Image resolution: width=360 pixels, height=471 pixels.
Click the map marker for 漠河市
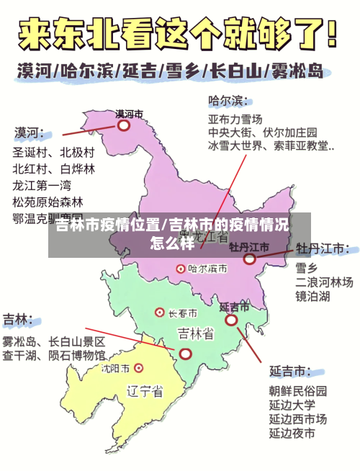point(124,125)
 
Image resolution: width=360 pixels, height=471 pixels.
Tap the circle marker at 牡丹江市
point(249,259)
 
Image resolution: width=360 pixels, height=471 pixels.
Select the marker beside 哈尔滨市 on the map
point(181,268)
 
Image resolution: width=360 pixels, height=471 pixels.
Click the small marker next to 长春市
point(160,313)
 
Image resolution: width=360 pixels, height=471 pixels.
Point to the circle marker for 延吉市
point(231,320)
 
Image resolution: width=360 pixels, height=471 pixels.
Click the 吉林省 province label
point(194,333)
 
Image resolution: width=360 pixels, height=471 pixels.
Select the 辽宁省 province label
point(145,392)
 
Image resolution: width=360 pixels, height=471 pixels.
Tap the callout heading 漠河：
point(30,133)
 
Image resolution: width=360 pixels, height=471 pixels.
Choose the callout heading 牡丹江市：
point(323,248)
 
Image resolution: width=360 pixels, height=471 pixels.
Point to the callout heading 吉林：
point(19,319)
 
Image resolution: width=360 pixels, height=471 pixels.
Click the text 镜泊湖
point(312,296)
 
